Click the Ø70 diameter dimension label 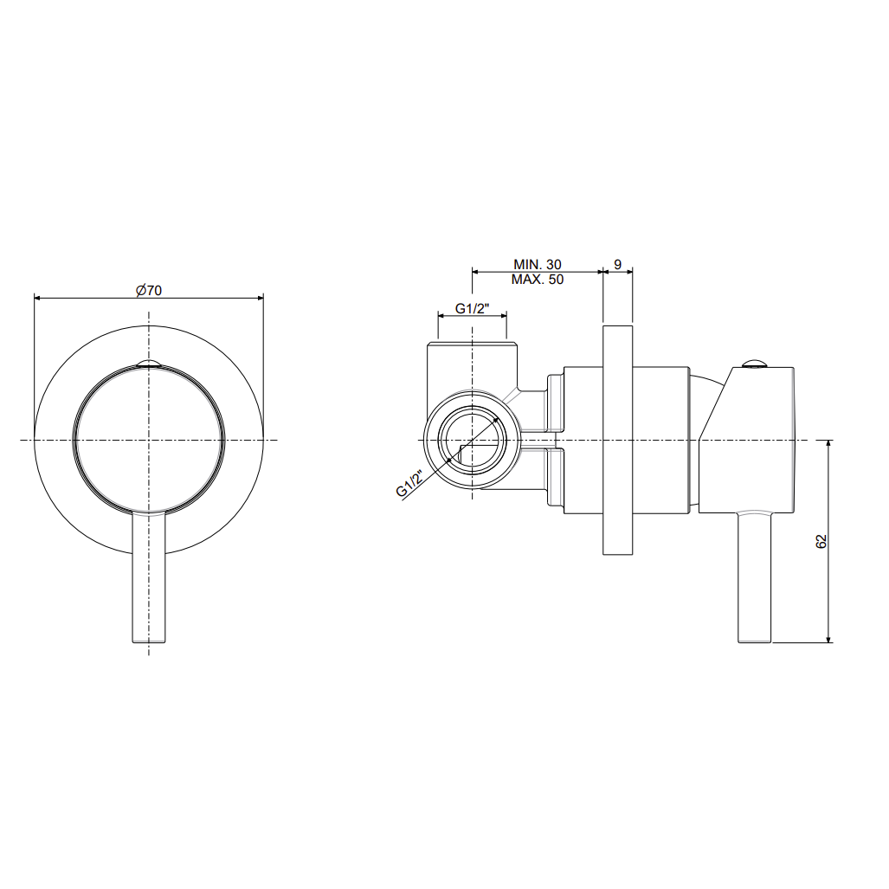[149, 290]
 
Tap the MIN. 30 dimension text [538, 264]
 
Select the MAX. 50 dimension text [538, 280]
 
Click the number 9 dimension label [617, 264]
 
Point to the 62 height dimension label [821, 541]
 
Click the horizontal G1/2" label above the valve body [473, 308]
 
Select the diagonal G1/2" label [410, 483]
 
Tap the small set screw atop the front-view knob [149, 364]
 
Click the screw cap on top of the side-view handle [755, 364]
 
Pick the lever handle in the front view [149, 577]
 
